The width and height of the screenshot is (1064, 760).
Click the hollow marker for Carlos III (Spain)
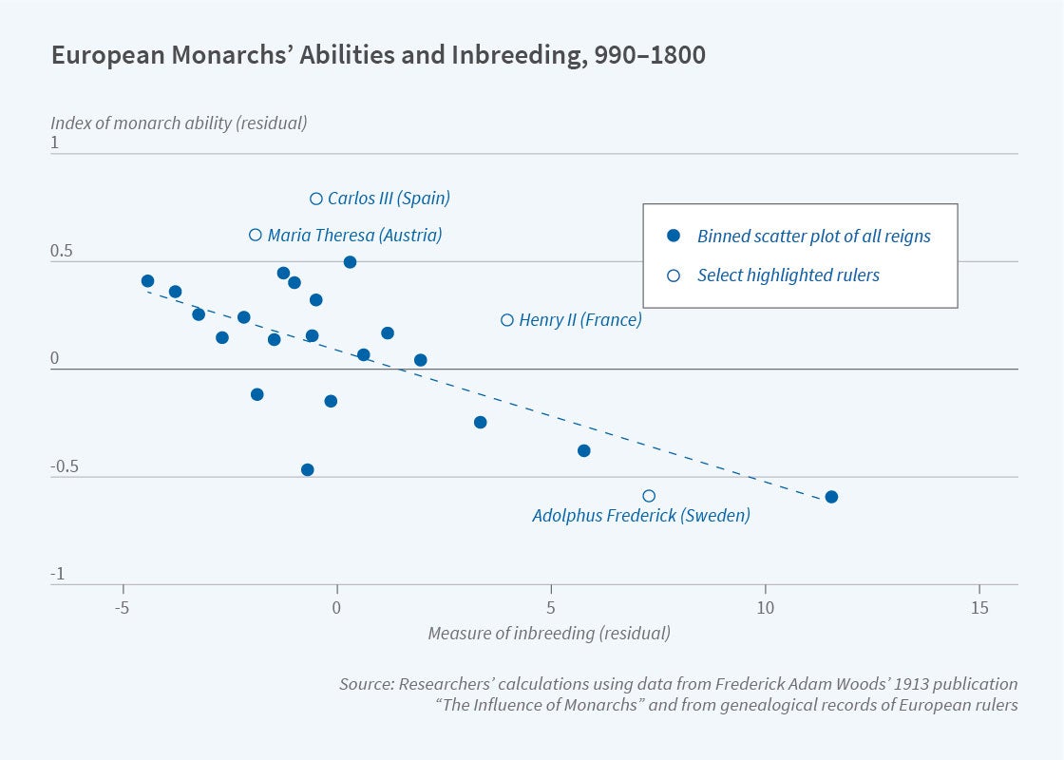click(x=316, y=199)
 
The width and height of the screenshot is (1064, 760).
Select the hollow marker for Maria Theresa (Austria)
click(x=256, y=235)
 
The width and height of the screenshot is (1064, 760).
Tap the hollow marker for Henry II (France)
click(x=507, y=320)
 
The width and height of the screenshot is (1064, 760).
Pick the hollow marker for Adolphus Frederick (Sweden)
click(x=649, y=496)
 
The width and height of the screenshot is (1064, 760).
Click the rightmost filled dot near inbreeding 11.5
click(x=831, y=497)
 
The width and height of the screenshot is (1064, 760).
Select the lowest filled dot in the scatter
click(x=307, y=469)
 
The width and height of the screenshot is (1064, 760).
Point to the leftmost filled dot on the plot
click(x=147, y=281)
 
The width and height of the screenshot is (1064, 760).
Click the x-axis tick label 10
click(x=765, y=609)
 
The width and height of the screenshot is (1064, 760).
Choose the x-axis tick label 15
click(x=978, y=609)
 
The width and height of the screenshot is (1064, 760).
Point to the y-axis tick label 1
click(x=55, y=143)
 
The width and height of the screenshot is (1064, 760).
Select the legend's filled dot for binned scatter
click(x=674, y=236)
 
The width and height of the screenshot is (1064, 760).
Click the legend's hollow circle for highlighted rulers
click(x=674, y=275)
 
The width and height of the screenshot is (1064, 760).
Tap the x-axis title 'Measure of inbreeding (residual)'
click(x=549, y=634)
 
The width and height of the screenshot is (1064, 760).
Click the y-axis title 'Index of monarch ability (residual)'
click(x=179, y=123)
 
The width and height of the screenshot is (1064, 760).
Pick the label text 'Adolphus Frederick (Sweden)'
click(x=641, y=517)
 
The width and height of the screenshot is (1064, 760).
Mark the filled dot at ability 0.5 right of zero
click(x=350, y=262)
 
